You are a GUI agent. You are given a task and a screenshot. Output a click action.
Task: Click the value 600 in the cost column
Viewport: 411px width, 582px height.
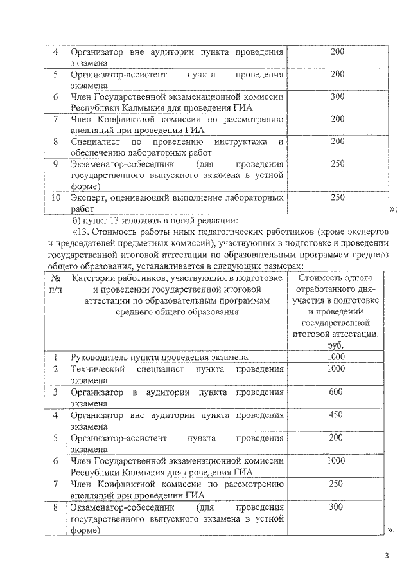(336, 392)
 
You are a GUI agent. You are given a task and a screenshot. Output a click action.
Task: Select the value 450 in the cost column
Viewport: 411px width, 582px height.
(336, 415)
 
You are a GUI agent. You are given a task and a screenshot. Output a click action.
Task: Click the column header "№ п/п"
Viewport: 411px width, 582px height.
(56, 283)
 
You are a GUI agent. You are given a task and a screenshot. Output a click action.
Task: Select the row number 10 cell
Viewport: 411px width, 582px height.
(56, 197)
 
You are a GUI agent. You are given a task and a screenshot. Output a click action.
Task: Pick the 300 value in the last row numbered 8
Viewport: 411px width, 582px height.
(336, 507)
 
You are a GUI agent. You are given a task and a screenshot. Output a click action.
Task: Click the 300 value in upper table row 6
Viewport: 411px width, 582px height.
(337, 96)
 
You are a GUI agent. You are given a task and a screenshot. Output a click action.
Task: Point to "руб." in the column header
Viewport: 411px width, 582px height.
(336, 345)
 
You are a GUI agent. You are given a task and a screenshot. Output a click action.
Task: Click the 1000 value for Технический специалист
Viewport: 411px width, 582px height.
(336, 369)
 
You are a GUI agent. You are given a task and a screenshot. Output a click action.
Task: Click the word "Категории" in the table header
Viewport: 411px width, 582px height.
(95, 278)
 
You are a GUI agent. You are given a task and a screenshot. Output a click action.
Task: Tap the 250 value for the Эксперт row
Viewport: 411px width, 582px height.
(337, 197)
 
